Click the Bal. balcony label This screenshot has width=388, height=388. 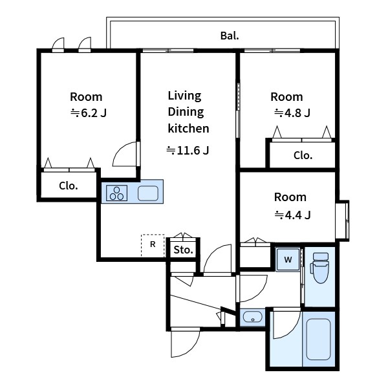coord(230,36)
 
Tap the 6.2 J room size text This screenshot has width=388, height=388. coord(89,113)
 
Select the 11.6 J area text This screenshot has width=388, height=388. coord(188,150)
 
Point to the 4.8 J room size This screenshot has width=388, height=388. coord(292,113)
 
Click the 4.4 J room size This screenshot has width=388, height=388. coord(292,215)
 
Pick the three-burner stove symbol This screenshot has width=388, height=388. coord(116,193)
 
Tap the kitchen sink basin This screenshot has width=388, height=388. coord(148,193)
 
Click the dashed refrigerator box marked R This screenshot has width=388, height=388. coord(153,245)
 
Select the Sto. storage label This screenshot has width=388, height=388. coord(183,250)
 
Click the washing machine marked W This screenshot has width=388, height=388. coord(288,259)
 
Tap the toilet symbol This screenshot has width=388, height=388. coord(320,268)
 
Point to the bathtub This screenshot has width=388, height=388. coord(318,339)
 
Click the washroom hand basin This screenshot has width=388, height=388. coord(252,317)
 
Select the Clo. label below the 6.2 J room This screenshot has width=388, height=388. coord(69,186)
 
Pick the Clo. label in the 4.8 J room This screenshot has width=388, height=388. coord(303,155)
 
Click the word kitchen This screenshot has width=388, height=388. coord(188,129)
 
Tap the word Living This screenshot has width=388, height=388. coord(184,96)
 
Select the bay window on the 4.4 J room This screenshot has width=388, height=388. coord(343,221)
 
